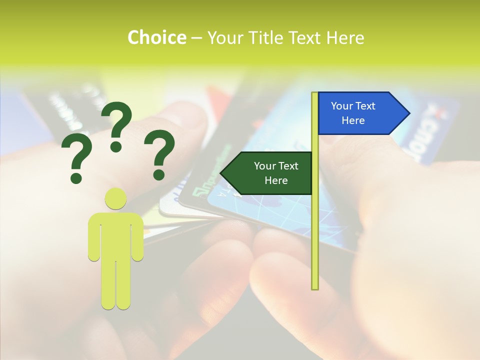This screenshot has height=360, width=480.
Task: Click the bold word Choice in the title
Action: (156, 37)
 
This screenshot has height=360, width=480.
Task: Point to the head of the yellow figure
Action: (115, 198)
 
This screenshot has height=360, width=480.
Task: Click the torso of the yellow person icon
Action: (115, 235)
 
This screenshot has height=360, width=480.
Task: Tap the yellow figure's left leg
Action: (108, 285)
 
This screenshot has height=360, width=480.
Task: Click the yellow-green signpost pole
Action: (315, 225)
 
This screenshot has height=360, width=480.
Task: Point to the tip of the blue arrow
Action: (408, 113)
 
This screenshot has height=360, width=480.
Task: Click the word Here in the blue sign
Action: (353, 120)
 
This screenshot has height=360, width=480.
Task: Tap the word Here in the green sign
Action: (276, 180)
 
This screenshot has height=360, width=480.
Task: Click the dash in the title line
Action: (196, 38)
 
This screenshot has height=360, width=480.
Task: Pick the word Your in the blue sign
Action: (342, 106)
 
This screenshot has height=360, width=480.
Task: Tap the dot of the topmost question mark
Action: (116, 146)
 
